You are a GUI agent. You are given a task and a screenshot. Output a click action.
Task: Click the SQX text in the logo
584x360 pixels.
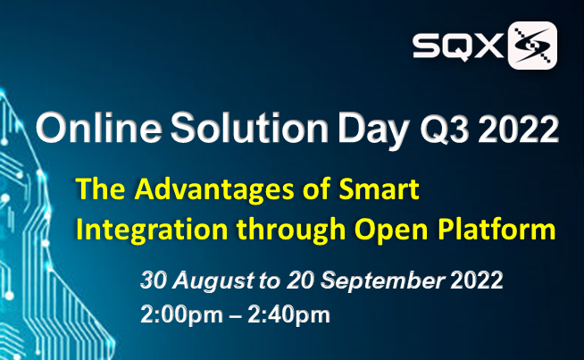pyautogui.click(x=458, y=46)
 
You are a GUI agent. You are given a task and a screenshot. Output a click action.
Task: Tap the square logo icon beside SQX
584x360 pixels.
pyautogui.click(x=532, y=46)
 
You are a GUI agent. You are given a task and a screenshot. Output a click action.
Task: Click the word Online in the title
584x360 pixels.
pyautogui.click(x=99, y=128)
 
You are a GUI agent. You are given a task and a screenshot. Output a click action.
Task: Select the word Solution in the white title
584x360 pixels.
pyautogui.click(x=249, y=128)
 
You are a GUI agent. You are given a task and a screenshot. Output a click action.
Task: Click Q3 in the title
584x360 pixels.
pyautogui.click(x=444, y=130)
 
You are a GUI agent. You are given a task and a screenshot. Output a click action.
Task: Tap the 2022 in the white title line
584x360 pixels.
pyautogui.click(x=518, y=130)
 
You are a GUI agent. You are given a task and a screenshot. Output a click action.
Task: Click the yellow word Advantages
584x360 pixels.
pyautogui.click(x=214, y=189)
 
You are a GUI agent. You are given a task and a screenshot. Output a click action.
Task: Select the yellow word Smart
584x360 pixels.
pyautogui.click(x=379, y=189)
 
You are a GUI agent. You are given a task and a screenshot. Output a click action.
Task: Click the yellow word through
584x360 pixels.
pyautogui.click(x=291, y=230)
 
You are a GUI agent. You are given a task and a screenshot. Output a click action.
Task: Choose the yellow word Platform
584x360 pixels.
pyautogui.click(x=496, y=229)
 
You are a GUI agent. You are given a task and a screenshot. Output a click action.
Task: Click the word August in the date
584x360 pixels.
pyautogui.click(x=213, y=280)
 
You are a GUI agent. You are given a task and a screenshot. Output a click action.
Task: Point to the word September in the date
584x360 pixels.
pyautogui.click(x=383, y=281)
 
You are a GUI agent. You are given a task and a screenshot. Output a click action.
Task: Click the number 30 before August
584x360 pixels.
pyautogui.click(x=154, y=280)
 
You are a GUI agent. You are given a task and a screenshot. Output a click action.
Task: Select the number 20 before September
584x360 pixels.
pyautogui.click(x=301, y=280)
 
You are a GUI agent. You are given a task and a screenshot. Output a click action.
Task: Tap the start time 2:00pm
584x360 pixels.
pyautogui.click(x=182, y=315)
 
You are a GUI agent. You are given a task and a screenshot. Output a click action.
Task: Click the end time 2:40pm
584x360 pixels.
pyautogui.click(x=288, y=315)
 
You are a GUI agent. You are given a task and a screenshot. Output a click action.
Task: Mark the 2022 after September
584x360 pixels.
pyautogui.click(x=477, y=280)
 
